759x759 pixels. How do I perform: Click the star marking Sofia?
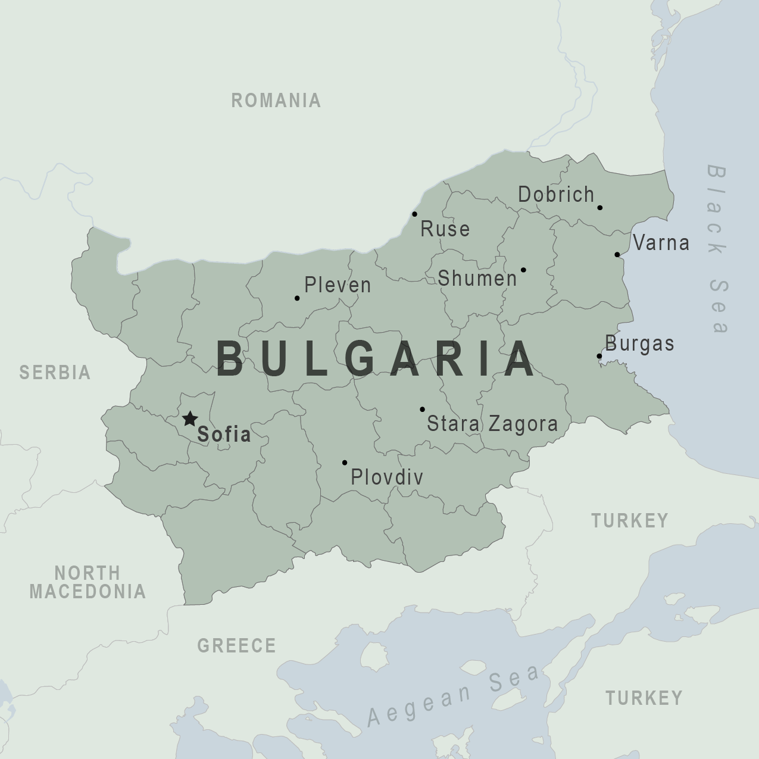coord(189,419)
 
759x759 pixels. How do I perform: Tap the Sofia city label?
coord(224,434)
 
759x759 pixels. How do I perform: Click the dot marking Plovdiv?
coord(345,463)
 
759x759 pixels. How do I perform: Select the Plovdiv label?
coord(387,477)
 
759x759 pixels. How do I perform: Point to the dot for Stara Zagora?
coord(422,410)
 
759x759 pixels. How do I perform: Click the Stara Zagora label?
coord(492,424)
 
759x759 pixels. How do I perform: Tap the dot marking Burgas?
coord(599,357)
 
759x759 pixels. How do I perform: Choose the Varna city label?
coord(661,243)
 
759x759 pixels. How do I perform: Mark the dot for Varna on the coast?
coord(617,255)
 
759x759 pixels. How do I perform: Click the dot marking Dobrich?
coord(600,208)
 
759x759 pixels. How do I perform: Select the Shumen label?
coord(477,278)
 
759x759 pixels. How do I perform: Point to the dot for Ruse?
coord(414,214)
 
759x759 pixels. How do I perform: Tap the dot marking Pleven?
coord(297,298)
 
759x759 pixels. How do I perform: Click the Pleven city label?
coord(338,285)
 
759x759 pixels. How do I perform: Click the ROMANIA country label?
coord(276,101)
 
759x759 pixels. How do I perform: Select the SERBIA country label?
coord(55,373)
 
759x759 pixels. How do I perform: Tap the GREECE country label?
coord(236,645)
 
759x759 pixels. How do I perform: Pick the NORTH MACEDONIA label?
coord(88,582)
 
